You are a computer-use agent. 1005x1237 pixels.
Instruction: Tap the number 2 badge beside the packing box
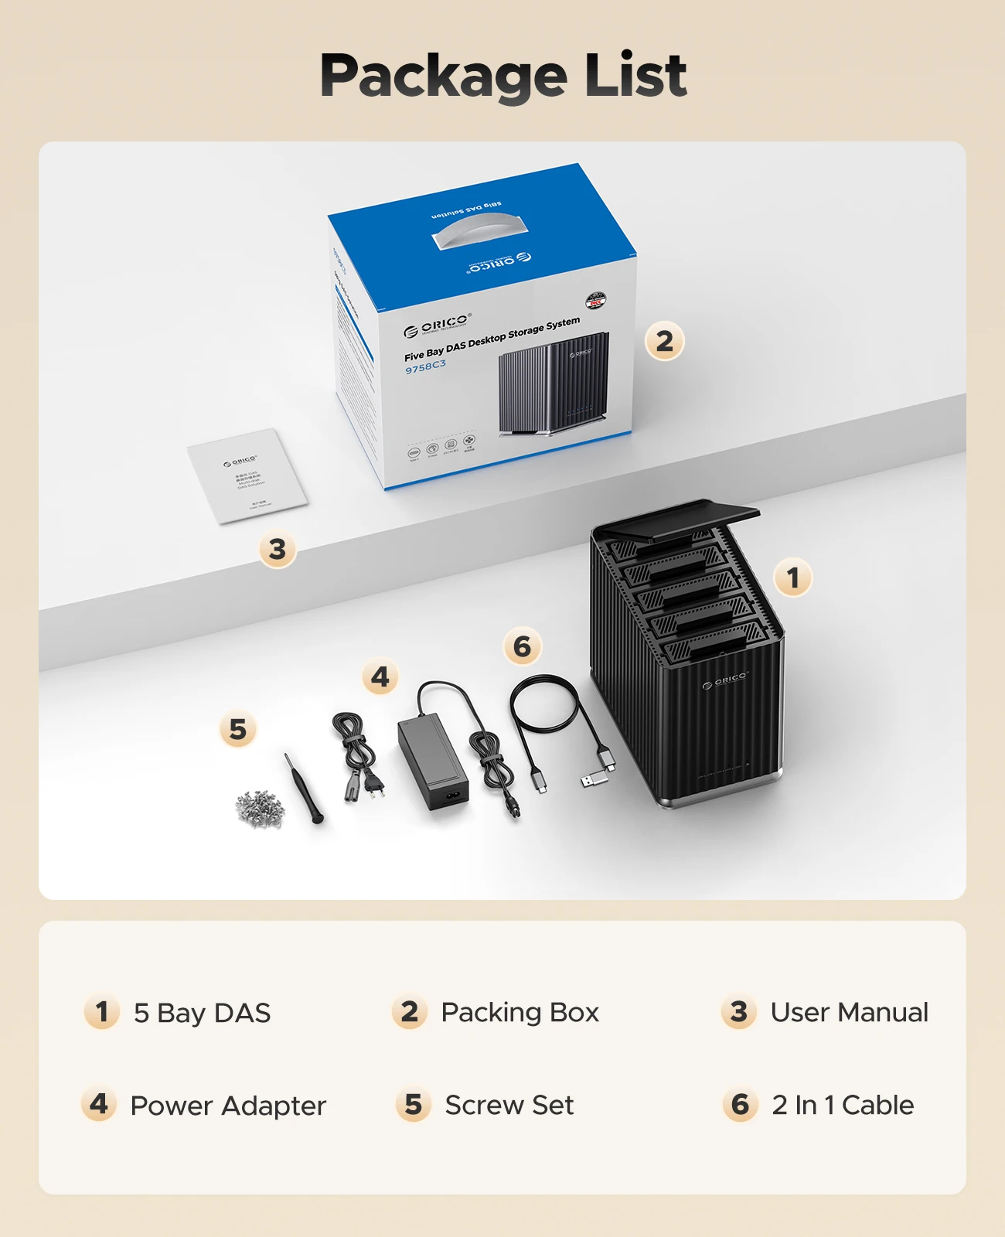coord(664,341)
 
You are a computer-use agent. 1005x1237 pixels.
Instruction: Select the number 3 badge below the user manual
coord(277,550)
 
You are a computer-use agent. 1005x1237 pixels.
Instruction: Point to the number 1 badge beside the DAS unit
coord(792,578)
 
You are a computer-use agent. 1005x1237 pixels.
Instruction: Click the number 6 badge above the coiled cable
coord(522,646)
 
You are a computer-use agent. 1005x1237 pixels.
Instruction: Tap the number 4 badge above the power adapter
coord(380,677)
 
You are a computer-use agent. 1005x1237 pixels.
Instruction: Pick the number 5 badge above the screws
coord(237,729)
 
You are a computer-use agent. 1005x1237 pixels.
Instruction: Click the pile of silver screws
coord(260,808)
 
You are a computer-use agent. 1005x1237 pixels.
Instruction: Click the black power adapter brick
coord(432,762)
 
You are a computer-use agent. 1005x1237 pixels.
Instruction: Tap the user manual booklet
coord(247,475)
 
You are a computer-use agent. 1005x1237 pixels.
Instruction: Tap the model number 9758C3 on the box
coord(425,366)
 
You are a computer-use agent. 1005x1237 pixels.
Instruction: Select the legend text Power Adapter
coord(228,1106)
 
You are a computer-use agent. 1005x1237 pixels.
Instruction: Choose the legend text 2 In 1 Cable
coord(843,1105)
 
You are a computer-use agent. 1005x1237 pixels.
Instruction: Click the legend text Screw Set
coord(509,1105)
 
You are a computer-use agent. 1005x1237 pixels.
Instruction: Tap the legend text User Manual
coord(849,1012)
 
